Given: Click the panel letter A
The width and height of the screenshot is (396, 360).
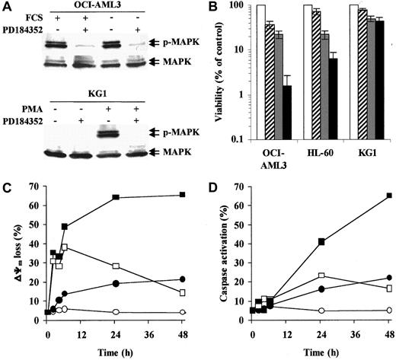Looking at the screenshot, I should tap(7, 7).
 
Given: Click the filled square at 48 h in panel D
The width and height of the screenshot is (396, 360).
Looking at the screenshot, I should tap(388, 217).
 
